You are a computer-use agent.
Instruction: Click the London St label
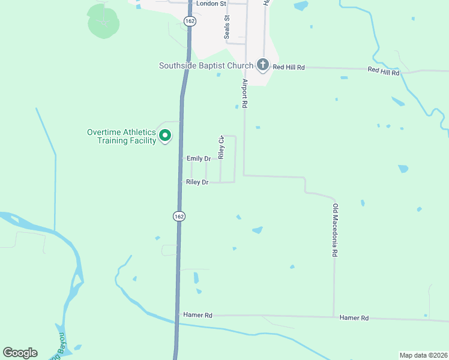(x=214, y=4)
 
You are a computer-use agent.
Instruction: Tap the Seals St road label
(x=227, y=27)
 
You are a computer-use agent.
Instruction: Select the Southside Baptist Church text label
(x=206, y=66)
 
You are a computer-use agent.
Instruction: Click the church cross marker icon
(x=262, y=64)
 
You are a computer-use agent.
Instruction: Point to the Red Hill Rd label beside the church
(x=289, y=67)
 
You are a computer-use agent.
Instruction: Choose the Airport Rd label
(x=245, y=93)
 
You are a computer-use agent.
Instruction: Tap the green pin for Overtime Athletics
(x=165, y=136)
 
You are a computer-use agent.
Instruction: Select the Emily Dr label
(x=199, y=158)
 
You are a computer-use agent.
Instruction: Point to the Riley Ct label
(x=221, y=147)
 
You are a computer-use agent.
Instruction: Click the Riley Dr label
(x=197, y=182)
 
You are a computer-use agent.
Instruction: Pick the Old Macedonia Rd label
(x=335, y=230)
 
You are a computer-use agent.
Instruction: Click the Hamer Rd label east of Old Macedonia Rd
(x=354, y=317)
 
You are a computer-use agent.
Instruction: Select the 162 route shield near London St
(x=189, y=21)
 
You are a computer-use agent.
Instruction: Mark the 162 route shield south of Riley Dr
(x=178, y=216)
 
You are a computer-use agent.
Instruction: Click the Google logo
(x=20, y=352)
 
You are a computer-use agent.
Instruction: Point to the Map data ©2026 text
(x=423, y=355)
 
